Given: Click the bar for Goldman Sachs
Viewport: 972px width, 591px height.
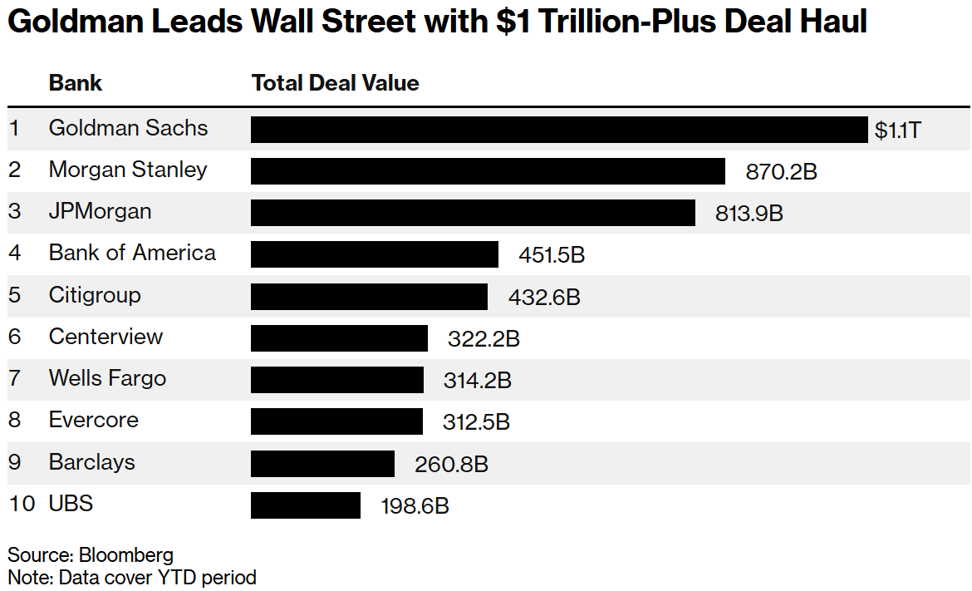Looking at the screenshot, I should pyautogui.click(x=559, y=130).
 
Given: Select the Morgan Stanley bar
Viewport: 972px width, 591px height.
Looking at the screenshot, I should pyautogui.click(x=488, y=171).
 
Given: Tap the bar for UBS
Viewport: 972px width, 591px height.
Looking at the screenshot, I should pyautogui.click(x=306, y=505).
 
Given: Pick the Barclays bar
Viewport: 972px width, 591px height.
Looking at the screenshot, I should pyautogui.click(x=322, y=464).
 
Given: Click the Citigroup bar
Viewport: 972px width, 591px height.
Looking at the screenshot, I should pyautogui.click(x=369, y=297).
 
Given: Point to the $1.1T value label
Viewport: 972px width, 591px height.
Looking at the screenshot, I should pyautogui.click(x=897, y=130).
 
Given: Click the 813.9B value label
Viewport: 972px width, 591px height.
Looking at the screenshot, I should pyautogui.click(x=749, y=213).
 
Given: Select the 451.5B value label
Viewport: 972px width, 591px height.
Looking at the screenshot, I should pyautogui.click(x=552, y=254).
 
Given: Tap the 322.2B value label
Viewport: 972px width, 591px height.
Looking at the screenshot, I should pyautogui.click(x=484, y=338).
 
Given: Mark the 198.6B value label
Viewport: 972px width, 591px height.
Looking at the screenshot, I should pyautogui.click(x=415, y=505).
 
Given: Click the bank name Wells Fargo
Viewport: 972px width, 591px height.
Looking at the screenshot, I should pyautogui.click(x=107, y=378).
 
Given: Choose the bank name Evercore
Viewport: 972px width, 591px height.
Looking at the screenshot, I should pyautogui.click(x=93, y=420).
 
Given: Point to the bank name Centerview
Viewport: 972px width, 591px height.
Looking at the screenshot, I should pyautogui.click(x=106, y=337).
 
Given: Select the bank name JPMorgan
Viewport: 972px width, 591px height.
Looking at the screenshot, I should pyautogui.click(x=100, y=211).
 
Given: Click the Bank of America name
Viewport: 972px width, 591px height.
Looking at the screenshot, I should pyautogui.click(x=132, y=253).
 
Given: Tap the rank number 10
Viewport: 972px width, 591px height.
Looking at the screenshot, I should pyautogui.click(x=22, y=504).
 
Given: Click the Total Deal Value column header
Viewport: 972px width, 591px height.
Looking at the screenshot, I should pyautogui.click(x=335, y=83).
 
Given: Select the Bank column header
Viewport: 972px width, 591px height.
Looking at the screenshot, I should pyautogui.click(x=76, y=83).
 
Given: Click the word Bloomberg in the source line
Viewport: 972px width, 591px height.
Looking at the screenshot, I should pyautogui.click(x=126, y=555).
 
